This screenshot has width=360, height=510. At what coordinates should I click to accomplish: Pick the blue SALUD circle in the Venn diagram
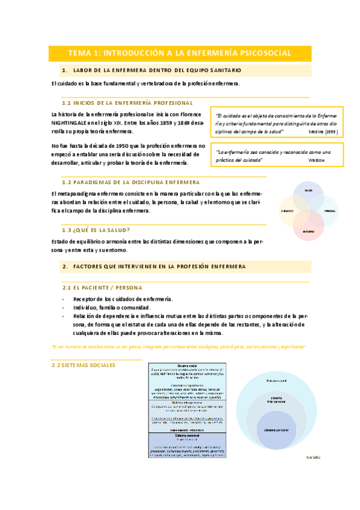coord(308,194)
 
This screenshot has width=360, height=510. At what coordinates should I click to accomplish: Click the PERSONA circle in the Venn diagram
coord(326,211)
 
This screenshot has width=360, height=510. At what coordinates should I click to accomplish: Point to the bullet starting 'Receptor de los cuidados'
coord(123,299)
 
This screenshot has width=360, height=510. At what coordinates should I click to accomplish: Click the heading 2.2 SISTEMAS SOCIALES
coord(84,364)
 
